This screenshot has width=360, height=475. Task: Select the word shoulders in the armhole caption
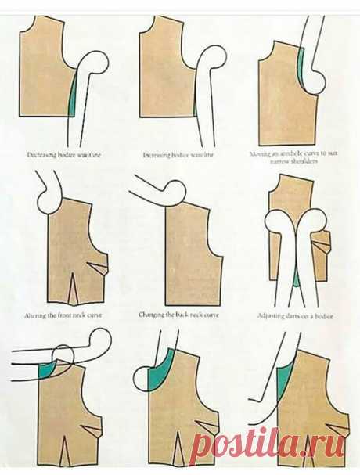coord(307,162)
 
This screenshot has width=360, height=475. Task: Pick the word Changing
coord(152,315)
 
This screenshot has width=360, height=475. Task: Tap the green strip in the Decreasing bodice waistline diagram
coord(73,97)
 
